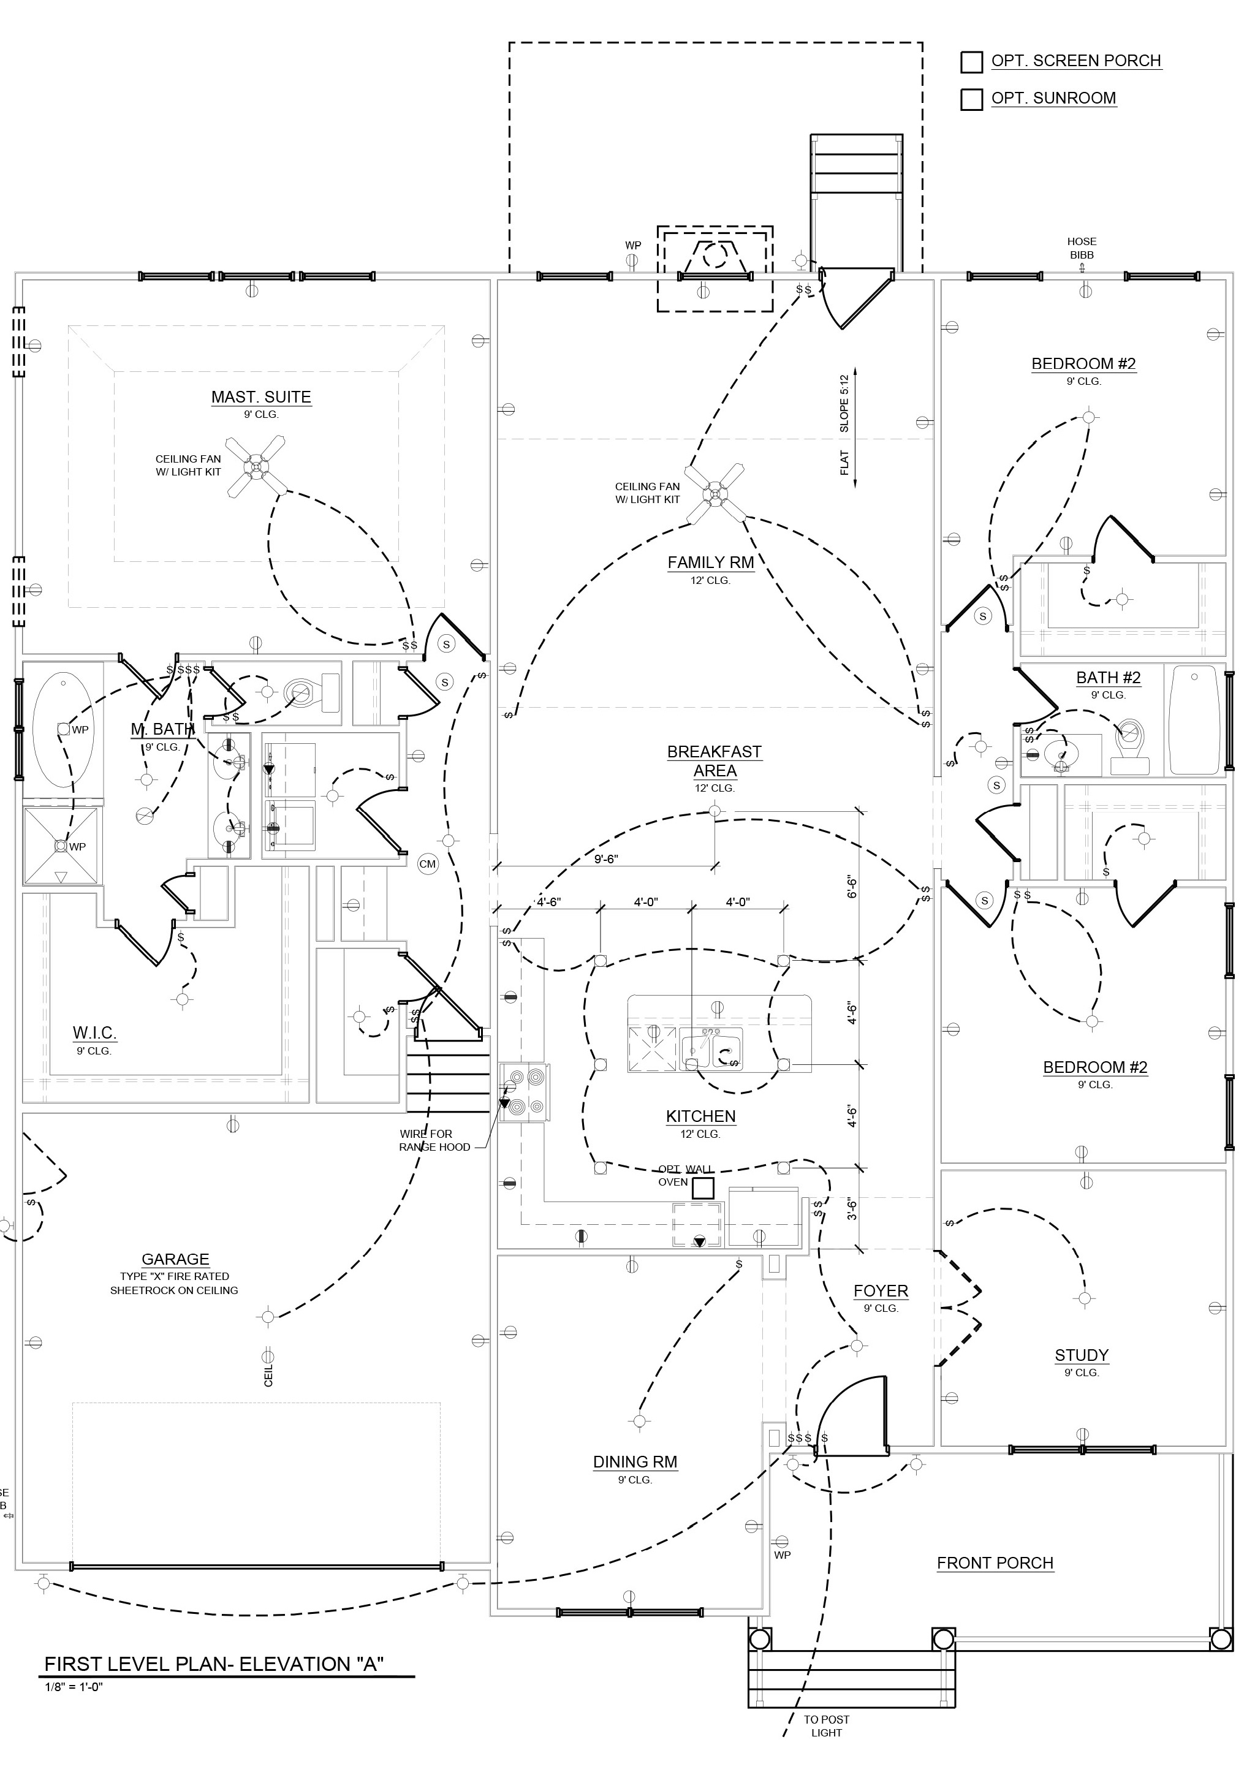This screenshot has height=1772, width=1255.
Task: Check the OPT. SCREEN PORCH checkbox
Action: click(x=971, y=62)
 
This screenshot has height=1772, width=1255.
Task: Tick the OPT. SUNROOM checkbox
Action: click(x=971, y=100)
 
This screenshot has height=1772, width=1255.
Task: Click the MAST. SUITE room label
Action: click(x=261, y=397)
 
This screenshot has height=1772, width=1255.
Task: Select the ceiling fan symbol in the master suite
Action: click(x=257, y=467)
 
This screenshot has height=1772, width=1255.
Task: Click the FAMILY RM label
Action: click(x=710, y=562)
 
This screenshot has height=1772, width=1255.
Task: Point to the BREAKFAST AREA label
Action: click(x=715, y=761)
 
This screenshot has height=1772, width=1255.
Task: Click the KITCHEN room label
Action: click(x=701, y=1116)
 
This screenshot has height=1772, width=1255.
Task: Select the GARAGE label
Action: click(x=175, y=1259)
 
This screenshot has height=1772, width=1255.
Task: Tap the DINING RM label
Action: click(x=635, y=1461)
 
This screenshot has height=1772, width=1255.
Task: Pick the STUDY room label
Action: click(x=1081, y=1355)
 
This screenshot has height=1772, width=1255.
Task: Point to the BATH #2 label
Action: click(x=1108, y=678)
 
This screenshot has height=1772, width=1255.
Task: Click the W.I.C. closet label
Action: click(x=94, y=1032)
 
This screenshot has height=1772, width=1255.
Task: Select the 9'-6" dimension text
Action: click(x=606, y=858)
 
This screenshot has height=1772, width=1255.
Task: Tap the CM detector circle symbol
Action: click(x=427, y=864)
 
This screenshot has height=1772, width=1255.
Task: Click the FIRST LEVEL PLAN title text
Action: click(x=214, y=1664)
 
